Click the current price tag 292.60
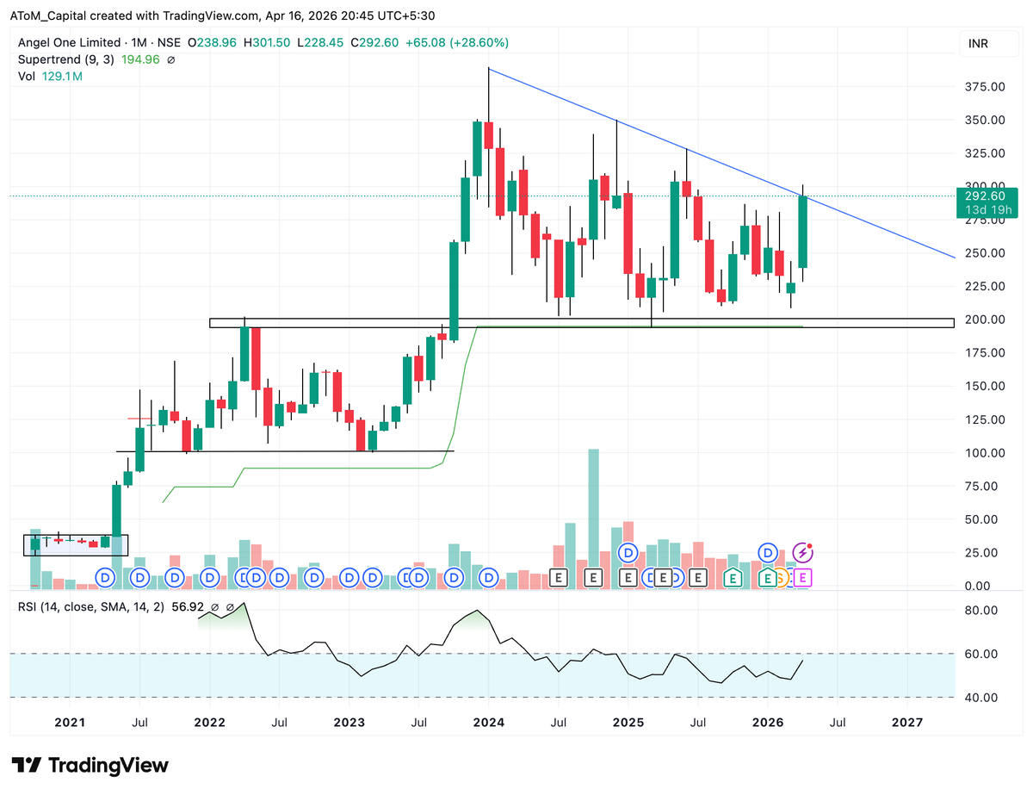tap(979, 196)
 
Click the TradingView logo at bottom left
tap(90, 765)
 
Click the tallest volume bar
tap(593, 517)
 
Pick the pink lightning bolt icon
tap(803, 552)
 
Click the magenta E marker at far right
tap(802, 578)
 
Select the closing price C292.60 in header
tap(374, 42)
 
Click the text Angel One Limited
tap(70, 42)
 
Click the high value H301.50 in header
tap(269, 42)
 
